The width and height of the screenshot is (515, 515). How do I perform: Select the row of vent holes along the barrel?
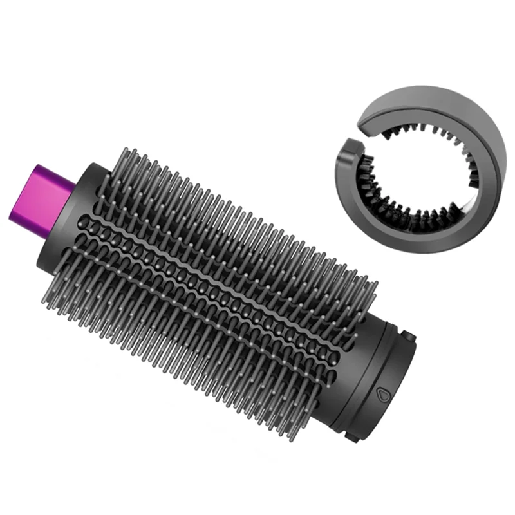pyautogui.click(x=212, y=257)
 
